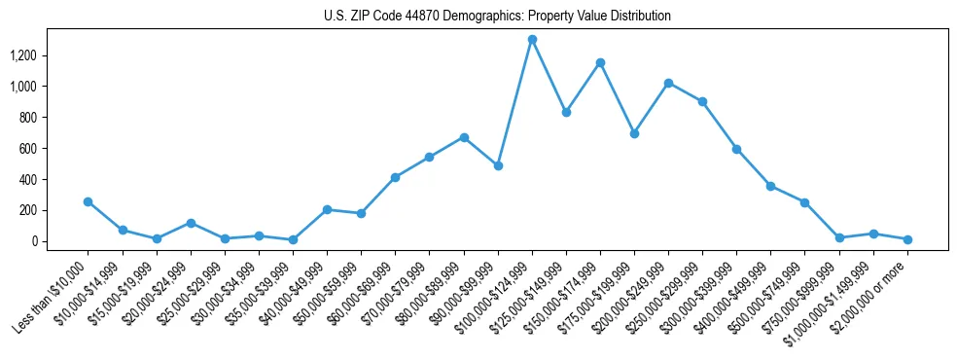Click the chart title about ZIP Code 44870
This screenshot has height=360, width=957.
click(x=497, y=17)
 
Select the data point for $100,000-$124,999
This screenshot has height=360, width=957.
click(x=532, y=40)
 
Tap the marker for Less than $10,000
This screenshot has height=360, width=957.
click(x=89, y=201)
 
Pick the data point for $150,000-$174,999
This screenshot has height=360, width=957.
click(x=600, y=62)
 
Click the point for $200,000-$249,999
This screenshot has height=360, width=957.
click(x=668, y=83)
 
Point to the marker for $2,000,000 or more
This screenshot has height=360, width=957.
click(x=907, y=239)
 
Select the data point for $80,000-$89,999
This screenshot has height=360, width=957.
click(x=464, y=137)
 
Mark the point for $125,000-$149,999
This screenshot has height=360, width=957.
click(x=566, y=112)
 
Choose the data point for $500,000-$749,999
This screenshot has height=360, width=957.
click(x=804, y=202)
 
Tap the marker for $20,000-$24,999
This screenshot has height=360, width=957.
click(x=191, y=223)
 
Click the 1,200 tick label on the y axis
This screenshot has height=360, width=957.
click(x=22, y=55)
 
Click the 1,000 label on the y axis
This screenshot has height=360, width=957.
click(x=22, y=87)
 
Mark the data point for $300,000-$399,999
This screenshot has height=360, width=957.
click(x=736, y=149)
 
